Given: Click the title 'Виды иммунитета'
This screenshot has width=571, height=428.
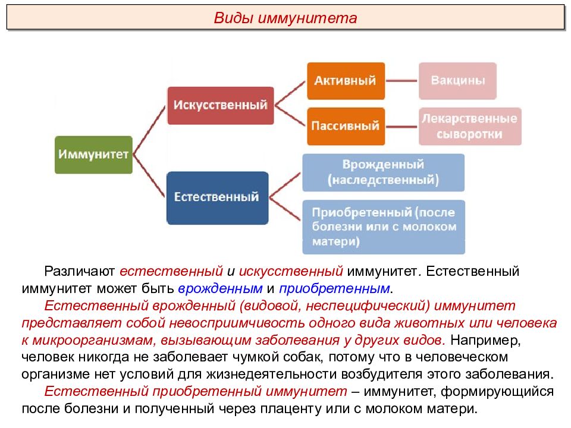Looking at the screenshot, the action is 285,18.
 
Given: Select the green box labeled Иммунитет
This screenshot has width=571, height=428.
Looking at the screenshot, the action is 93,155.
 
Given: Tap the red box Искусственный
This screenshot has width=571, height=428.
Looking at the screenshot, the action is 220,106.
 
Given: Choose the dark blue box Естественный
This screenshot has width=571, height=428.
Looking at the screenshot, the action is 218,197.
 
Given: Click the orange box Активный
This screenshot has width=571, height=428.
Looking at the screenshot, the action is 346,81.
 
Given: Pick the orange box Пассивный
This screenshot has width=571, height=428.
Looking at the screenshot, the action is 346,126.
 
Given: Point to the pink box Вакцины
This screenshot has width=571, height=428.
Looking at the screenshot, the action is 458,81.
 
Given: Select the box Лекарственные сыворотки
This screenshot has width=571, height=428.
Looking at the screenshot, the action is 470,126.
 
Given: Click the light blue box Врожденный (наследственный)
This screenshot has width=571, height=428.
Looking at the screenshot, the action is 384,172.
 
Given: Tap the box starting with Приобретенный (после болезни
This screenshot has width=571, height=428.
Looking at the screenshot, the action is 384,226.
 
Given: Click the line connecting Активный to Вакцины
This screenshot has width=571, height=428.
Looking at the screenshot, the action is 401,81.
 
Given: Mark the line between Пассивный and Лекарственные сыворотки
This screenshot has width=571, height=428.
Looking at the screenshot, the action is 401,127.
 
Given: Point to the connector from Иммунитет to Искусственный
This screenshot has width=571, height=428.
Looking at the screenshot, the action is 150,130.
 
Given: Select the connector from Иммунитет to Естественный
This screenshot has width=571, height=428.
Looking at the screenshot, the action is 149,176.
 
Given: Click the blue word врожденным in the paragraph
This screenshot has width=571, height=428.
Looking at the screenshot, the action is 220,289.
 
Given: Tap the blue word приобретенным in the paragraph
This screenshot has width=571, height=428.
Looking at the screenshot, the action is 334,289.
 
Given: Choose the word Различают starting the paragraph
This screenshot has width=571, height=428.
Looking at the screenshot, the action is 79,272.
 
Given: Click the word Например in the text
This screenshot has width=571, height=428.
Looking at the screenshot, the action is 484,340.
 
